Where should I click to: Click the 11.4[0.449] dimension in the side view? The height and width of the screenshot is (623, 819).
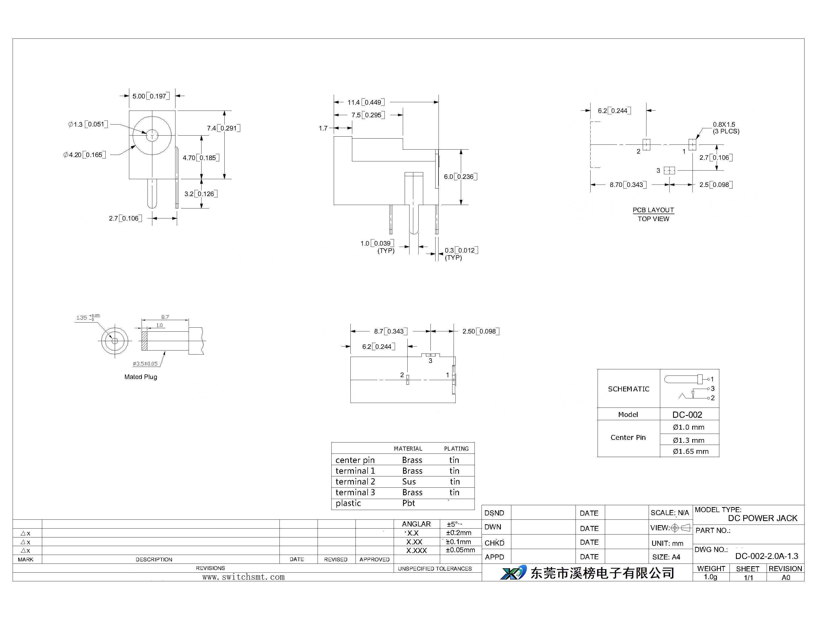pyautogui.click(x=366, y=102)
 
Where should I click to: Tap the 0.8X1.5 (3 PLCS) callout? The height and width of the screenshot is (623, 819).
pyautogui.click(x=726, y=128)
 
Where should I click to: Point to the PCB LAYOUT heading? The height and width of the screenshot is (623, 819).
pyautogui.click(x=653, y=210)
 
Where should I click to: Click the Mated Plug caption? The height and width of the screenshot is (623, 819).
pyautogui.click(x=141, y=377)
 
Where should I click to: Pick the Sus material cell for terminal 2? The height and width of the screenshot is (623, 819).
pyautogui.click(x=409, y=482)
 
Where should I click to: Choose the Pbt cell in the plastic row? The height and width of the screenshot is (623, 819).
pyautogui.click(x=409, y=503)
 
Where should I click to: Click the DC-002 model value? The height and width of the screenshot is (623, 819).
pyautogui.click(x=687, y=415)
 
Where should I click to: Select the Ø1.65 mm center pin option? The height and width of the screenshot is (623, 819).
pyautogui.click(x=691, y=451)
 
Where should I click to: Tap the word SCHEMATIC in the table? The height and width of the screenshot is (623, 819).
pyautogui.click(x=628, y=389)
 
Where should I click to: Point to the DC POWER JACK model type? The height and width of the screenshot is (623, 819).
pyautogui.click(x=763, y=518)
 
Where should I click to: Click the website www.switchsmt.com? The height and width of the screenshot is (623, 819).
pyautogui.click(x=243, y=577)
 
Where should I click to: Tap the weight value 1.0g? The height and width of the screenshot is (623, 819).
pyautogui.click(x=710, y=577)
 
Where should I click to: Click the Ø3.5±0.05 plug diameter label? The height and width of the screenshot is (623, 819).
pyautogui.click(x=145, y=364)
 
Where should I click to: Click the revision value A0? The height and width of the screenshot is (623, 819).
pyautogui.click(x=786, y=577)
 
